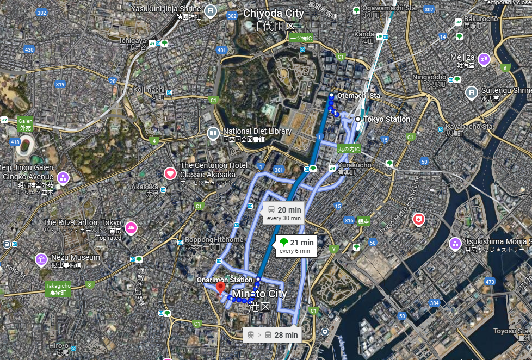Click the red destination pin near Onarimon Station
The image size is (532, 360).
(220, 287)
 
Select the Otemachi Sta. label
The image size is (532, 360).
(360, 95)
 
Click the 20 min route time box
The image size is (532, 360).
(283, 213)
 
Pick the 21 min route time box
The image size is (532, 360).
(296, 246)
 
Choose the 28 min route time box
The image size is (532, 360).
(272, 335)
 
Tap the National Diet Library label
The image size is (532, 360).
(257, 131)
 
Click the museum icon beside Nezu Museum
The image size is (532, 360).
(41, 260)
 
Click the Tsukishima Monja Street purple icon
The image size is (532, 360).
(455, 244)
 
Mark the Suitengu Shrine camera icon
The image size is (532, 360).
(471, 93)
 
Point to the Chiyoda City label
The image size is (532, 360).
(274, 13)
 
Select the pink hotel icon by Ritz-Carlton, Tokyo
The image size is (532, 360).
(131, 227)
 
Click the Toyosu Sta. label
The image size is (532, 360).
(512, 331)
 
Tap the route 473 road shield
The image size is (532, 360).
(489, 281)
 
